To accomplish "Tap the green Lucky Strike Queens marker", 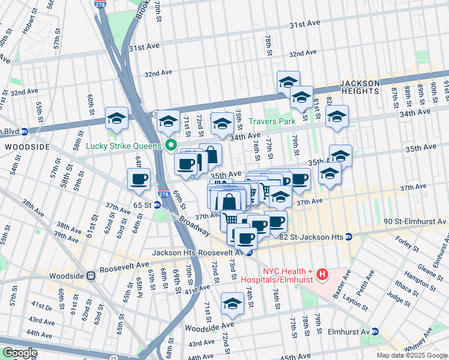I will coord(170,145).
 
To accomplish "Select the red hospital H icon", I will coord(323,275).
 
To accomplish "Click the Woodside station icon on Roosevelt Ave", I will coord(91,276).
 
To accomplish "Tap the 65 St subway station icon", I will coord(157,205).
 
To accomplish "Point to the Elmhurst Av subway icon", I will coord(375,331).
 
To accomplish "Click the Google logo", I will coord(20,353).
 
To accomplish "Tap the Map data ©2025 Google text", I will coord(411,355).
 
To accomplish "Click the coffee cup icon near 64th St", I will coord(139,179).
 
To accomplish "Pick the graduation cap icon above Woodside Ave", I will coord(232,304).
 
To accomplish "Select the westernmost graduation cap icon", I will coord(116,118).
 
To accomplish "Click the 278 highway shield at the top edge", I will coord(100,4).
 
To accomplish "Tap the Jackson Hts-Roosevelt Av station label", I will coord(197,253).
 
